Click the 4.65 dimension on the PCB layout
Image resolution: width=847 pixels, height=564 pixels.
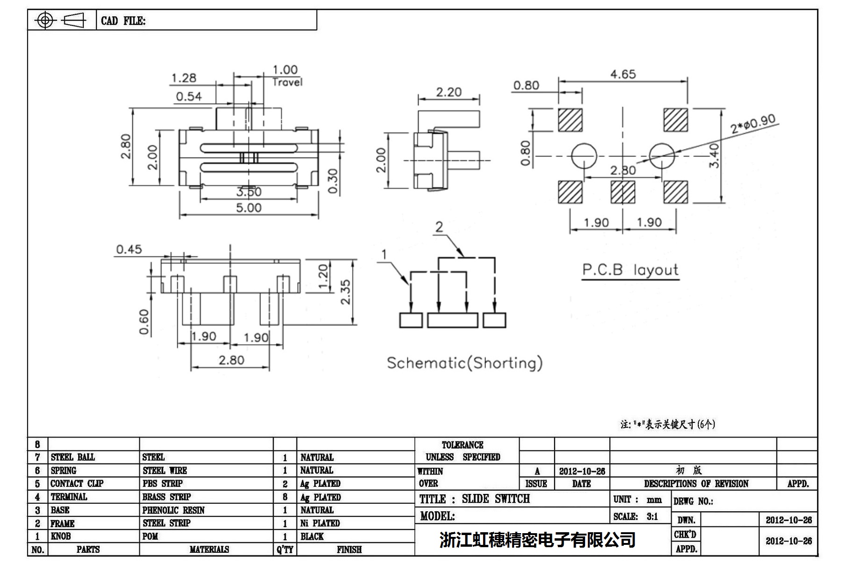pos(623,74)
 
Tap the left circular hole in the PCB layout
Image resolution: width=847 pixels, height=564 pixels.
pos(584,156)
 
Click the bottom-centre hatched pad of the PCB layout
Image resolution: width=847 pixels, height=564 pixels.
pos(623,192)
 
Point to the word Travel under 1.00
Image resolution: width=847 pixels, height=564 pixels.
pos(287,82)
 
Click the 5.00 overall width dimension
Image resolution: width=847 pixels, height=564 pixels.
pos(248,207)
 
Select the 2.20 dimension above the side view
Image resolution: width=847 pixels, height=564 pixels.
pos(449,92)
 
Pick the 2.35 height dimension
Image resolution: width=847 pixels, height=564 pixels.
pos(345,292)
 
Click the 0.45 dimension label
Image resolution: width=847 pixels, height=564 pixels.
pos(129,250)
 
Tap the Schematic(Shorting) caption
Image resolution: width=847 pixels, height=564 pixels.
pos(464,363)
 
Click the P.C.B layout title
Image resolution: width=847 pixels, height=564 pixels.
pos(630,270)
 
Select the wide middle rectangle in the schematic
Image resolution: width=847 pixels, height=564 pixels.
pos(452,320)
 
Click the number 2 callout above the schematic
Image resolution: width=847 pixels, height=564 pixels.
pos(439,227)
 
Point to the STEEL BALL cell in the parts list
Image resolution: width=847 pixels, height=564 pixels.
pos(73,457)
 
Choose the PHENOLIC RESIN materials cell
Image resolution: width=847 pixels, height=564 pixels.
pos(174,510)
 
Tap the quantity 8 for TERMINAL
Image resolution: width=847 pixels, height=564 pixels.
pos(285,497)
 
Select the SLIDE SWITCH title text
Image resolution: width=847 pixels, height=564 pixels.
pos(496,499)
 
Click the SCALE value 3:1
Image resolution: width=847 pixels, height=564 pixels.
pos(652,516)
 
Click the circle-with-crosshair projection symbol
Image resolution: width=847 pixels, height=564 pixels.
pos(45,20)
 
